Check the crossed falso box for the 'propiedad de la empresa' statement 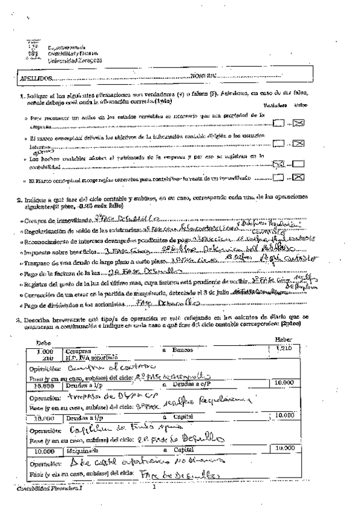298,124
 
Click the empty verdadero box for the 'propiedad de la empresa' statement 278,124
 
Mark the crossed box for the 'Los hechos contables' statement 278,164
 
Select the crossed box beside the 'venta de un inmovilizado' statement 298,177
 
